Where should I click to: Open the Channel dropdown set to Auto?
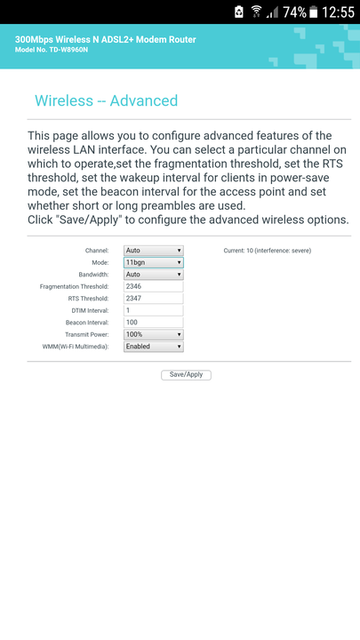154,251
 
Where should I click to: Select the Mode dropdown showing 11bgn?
154,262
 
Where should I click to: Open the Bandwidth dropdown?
154,275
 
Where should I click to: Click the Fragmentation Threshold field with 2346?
154,286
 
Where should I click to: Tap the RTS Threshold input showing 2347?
154,299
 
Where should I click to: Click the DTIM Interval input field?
154,310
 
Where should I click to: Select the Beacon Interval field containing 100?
154,323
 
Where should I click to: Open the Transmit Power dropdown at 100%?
154,335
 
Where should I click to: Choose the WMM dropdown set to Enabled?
154,347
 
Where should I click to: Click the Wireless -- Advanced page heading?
106,100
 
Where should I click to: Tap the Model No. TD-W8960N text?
52,50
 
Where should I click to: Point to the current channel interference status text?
268,251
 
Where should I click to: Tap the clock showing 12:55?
338,12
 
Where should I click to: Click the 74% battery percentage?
294,12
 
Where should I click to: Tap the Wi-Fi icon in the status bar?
256,12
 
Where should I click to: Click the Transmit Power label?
87,335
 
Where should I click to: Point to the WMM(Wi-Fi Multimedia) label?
76,347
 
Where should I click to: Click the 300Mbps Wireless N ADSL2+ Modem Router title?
105,40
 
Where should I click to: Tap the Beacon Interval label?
87,323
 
